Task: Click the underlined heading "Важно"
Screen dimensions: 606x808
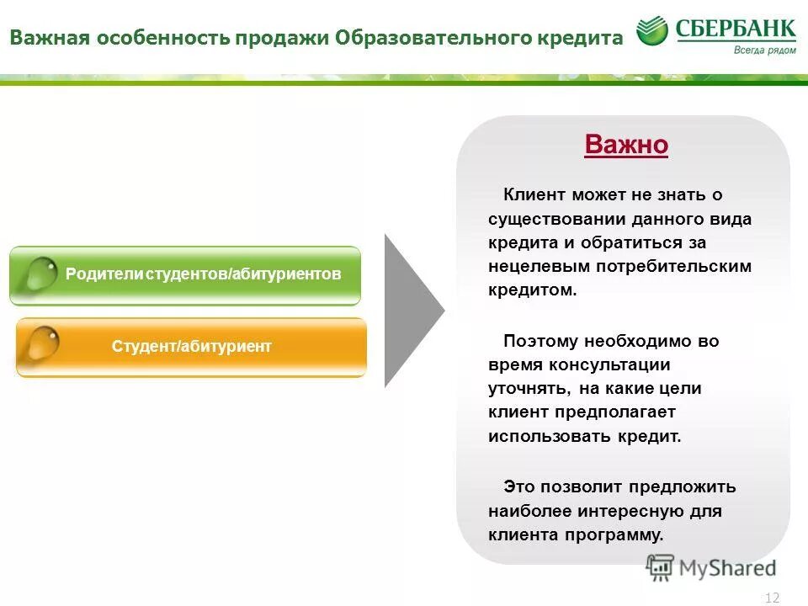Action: (626, 145)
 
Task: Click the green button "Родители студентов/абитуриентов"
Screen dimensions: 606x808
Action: (185, 275)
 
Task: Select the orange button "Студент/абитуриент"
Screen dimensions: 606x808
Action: (192, 347)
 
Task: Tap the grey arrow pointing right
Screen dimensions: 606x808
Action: (412, 311)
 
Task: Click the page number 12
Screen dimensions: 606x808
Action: (772, 598)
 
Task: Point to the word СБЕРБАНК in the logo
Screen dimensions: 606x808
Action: (736, 29)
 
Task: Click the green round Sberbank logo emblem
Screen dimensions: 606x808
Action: (652, 32)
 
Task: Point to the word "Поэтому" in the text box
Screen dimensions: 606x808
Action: (540, 341)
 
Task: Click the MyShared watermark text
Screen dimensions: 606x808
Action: (727, 568)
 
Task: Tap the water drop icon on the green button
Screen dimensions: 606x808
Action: (39, 274)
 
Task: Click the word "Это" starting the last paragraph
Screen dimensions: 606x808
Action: (519, 486)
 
